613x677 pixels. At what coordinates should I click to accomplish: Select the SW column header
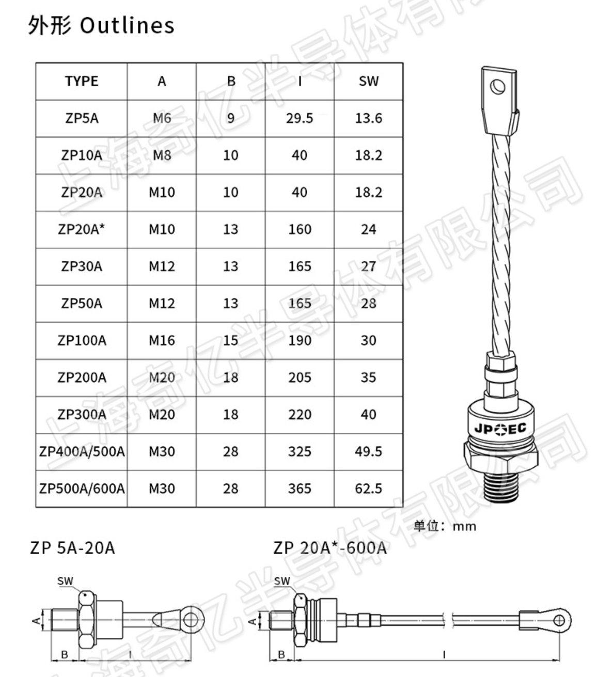tap(368, 81)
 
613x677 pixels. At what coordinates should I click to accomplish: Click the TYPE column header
tap(82, 81)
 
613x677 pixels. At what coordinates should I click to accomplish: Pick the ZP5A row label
tap(82, 118)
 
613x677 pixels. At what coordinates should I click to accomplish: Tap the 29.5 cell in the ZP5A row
tap(300, 118)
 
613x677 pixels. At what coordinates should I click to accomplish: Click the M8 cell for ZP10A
tap(162, 155)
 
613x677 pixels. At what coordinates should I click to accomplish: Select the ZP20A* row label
tap(82, 229)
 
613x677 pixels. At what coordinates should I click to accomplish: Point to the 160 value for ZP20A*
tap(300, 229)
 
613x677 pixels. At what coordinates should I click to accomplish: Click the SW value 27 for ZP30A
tap(368, 266)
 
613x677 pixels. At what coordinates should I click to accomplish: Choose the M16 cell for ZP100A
tap(162, 340)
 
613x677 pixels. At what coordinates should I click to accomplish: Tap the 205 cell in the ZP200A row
tap(300, 377)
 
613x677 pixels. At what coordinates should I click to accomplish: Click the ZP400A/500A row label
tap(82, 452)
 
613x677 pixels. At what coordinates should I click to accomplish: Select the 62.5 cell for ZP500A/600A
tap(368, 489)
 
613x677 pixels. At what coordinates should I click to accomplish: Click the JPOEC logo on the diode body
tap(500, 428)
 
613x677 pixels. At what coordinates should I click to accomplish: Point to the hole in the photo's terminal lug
tap(498, 86)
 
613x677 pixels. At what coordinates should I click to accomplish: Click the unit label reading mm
tap(464, 526)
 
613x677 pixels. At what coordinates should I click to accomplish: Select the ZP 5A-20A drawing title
tap(72, 547)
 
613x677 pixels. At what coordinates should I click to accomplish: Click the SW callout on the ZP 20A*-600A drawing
tap(282, 581)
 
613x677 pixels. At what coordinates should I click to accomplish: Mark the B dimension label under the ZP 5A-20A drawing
tap(65, 654)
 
